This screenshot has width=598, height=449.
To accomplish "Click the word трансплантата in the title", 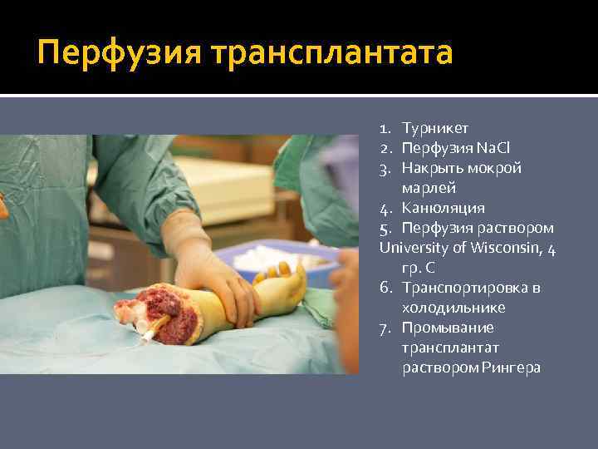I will click(x=332, y=53).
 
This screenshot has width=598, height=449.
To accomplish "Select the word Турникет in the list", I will click(x=435, y=128).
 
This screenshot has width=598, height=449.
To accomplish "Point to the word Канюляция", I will click(x=444, y=208).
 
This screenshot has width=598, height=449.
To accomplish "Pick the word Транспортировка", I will click(x=471, y=288).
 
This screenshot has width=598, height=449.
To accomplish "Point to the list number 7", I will click(x=385, y=328).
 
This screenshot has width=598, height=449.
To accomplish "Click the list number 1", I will click(x=385, y=128).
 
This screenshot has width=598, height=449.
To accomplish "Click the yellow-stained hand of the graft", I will click(x=278, y=291).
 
